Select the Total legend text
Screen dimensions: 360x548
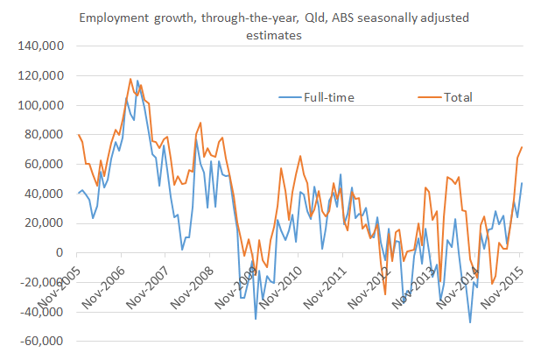pyautogui.click(x=456, y=97)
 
